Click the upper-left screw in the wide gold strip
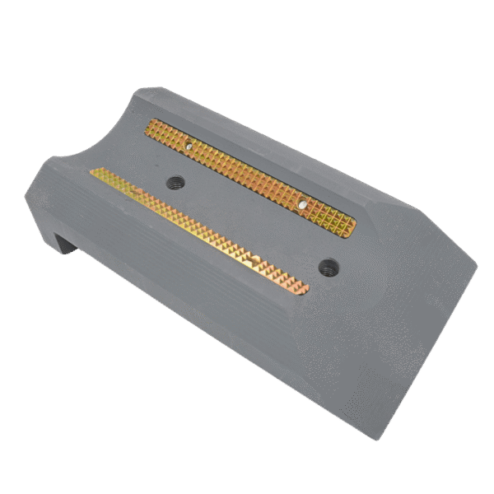click(x=189, y=146)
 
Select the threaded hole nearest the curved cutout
click(x=175, y=182)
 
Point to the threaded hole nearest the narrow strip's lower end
click(x=328, y=265)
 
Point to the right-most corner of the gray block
click(x=477, y=265)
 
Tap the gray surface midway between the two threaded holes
click(x=251, y=224)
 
